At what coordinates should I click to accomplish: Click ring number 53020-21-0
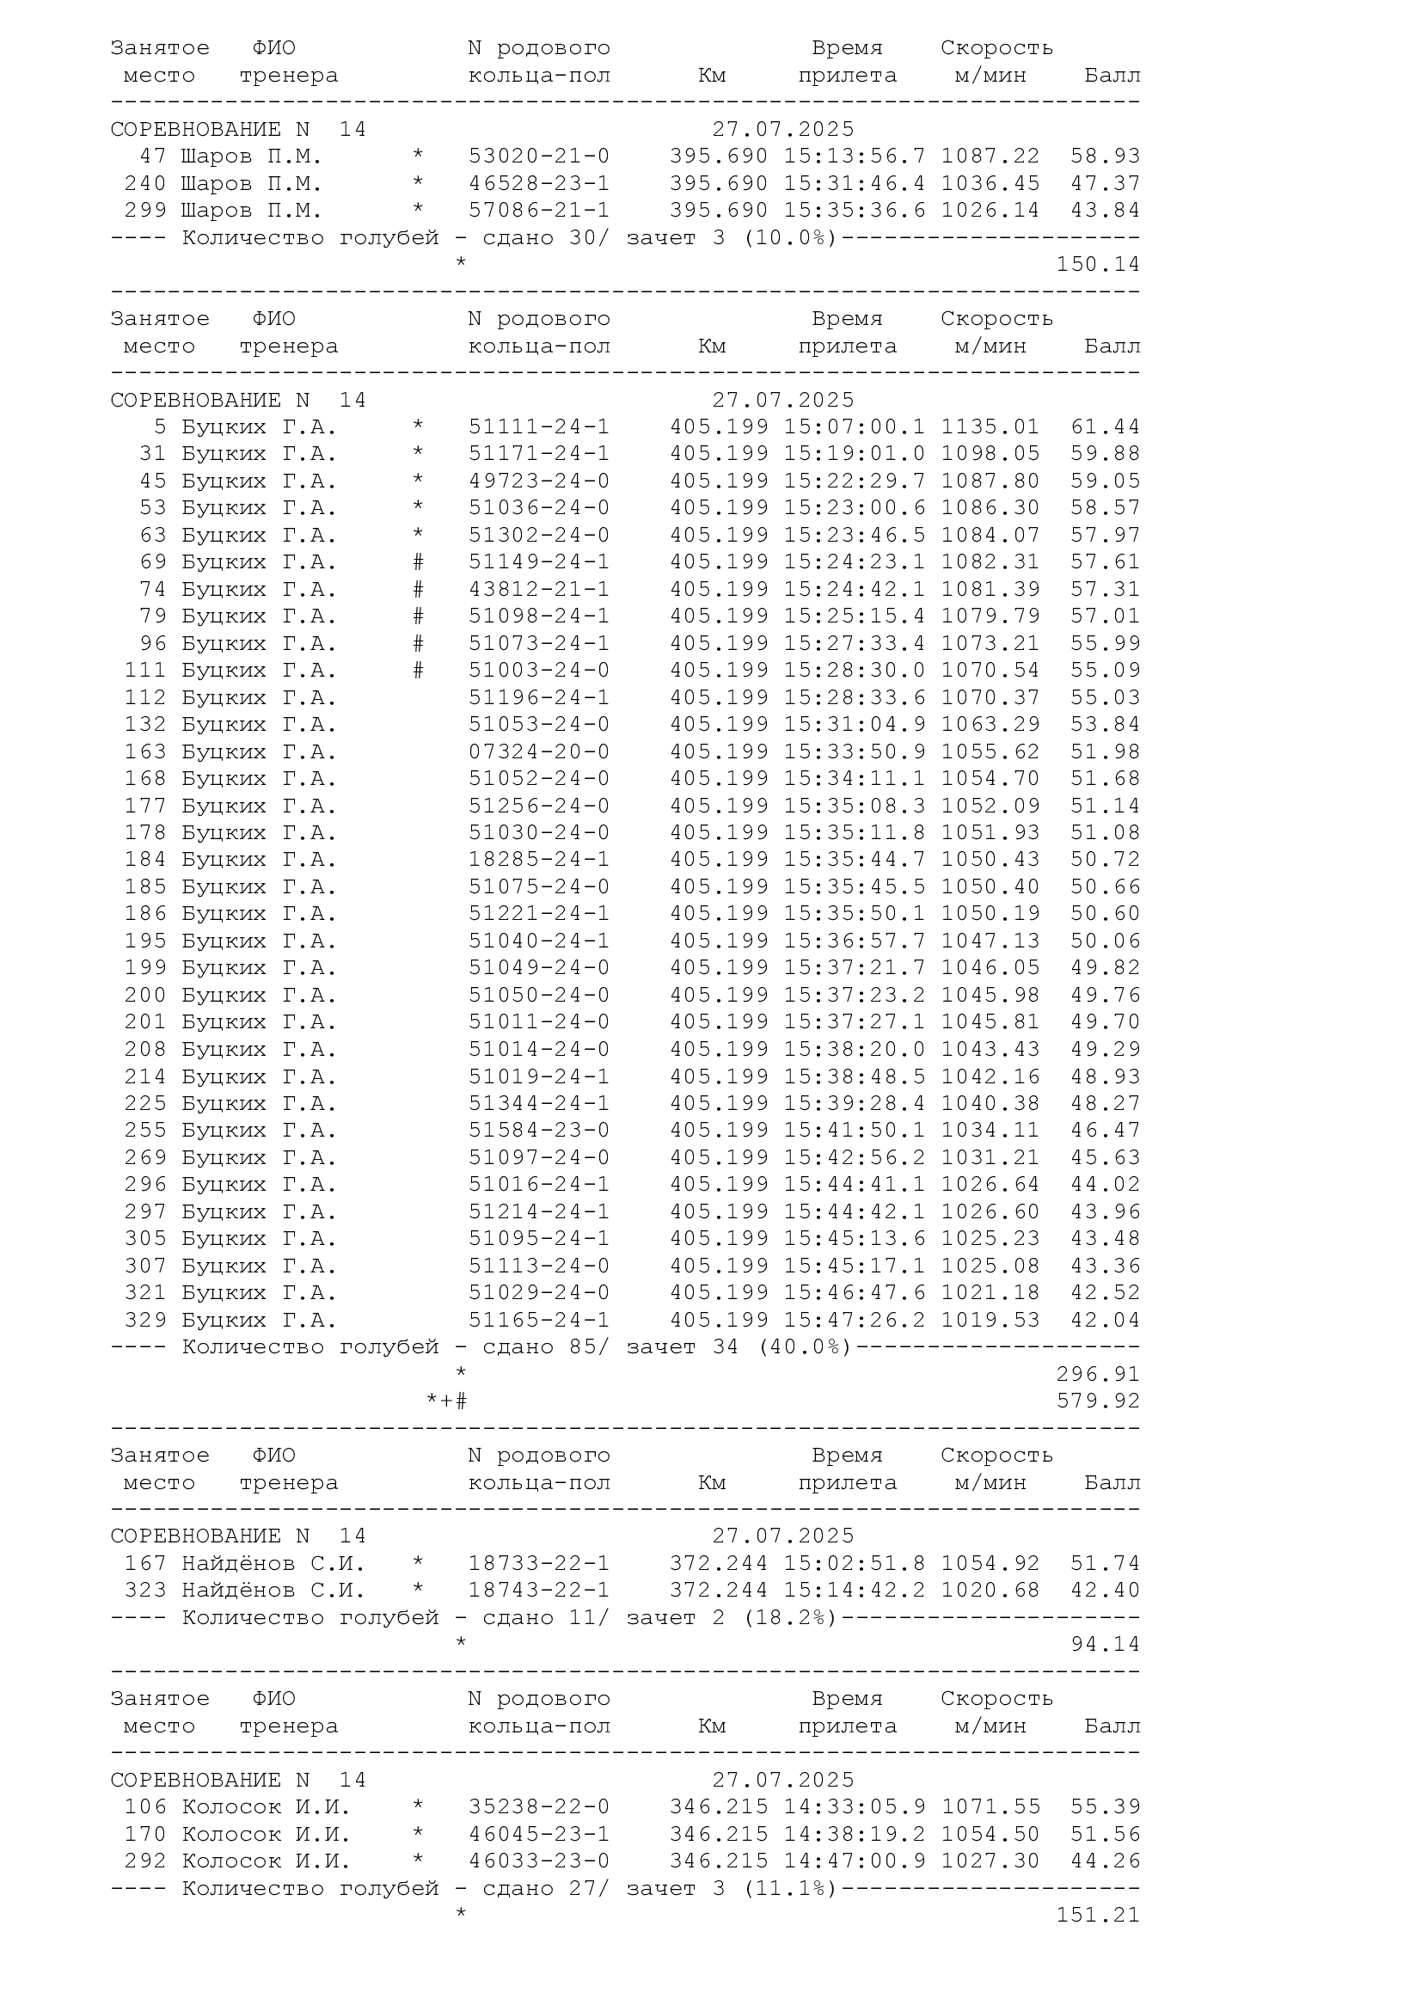538,156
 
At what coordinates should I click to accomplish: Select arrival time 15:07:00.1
854,427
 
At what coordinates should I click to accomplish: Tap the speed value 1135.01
990,427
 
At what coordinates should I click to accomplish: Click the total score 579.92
1097,1401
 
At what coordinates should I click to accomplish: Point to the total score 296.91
1097,1374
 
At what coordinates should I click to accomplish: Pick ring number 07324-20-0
538,752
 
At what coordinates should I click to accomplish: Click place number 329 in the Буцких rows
145,1321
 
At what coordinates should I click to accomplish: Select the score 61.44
1105,427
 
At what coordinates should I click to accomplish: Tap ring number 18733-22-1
538,1564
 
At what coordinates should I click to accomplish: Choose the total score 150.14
1097,265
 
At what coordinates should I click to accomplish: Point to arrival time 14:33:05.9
854,1808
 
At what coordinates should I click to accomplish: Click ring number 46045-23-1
538,1835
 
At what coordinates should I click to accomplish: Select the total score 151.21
1097,1916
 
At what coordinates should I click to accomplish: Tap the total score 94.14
1105,1645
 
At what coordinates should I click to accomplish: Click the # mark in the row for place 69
419,562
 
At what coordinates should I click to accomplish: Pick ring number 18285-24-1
538,860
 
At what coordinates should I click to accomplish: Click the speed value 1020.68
990,1591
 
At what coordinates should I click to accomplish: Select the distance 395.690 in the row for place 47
718,156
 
